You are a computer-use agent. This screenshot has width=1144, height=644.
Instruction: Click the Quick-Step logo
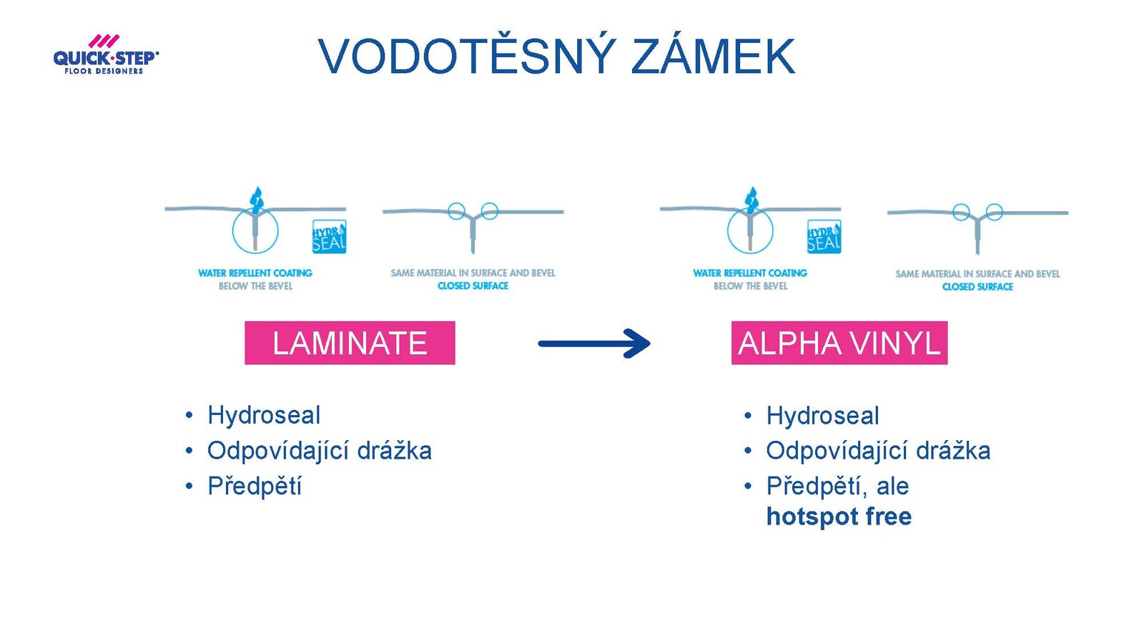[x=106, y=54]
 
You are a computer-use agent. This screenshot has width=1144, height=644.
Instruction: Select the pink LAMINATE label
[x=350, y=343]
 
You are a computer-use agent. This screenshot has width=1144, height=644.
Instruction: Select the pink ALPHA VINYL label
[x=839, y=343]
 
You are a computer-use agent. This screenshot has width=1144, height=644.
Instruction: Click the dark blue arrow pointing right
[x=594, y=343]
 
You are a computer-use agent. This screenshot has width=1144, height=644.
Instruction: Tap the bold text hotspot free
[x=839, y=516]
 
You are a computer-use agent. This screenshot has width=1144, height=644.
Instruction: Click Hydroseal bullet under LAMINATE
[x=264, y=415]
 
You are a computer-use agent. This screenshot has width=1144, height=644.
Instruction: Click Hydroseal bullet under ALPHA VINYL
[x=822, y=415]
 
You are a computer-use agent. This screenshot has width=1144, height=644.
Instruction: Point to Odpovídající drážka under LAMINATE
[x=319, y=450]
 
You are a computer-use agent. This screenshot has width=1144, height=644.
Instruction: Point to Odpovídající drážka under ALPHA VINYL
[x=878, y=450]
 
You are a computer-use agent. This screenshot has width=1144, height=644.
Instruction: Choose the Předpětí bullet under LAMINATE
[x=255, y=486]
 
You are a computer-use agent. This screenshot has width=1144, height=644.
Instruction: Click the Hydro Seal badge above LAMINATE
[x=330, y=237]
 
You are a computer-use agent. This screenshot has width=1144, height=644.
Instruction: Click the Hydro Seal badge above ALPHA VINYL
[x=824, y=237]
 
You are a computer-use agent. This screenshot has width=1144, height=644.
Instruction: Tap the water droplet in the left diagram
[x=257, y=200]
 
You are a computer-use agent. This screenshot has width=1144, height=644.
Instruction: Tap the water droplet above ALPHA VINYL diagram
[x=751, y=200]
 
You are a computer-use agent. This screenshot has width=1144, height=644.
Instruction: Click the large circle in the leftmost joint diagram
[x=232, y=230]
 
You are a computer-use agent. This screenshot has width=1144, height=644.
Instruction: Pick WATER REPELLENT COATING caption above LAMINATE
[x=255, y=273]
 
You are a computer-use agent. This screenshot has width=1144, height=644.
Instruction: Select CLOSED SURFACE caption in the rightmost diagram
[x=977, y=287]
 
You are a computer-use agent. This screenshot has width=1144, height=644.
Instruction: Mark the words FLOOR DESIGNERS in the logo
[x=104, y=71]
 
